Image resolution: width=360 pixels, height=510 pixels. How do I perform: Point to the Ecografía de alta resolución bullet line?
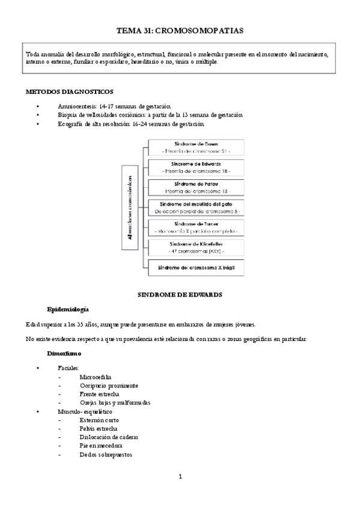point(131,124)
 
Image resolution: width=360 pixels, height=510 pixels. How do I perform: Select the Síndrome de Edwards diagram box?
point(195,167)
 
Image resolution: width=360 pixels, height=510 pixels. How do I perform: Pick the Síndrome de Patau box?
point(195,186)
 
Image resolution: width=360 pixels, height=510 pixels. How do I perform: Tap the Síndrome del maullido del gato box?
point(195,207)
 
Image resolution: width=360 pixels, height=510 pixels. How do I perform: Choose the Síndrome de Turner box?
point(195,227)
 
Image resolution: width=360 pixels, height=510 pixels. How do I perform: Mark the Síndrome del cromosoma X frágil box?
point(195,266)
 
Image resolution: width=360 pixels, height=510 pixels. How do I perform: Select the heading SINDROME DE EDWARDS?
point(180,295)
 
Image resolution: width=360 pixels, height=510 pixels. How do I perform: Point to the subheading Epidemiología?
point(68,310)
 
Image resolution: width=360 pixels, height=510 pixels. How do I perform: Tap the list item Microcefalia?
point(95,376)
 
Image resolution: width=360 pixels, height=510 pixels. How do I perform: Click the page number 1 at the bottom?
point(180,477)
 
